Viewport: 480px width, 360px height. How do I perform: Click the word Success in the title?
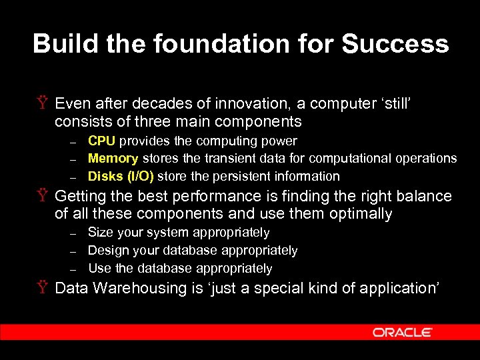click(x=395, y=44)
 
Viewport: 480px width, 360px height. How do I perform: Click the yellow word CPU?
click(x=102, y=141)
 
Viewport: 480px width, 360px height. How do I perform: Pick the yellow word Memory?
click(x=113, y=159)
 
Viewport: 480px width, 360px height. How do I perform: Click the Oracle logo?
click(x=403, y=332)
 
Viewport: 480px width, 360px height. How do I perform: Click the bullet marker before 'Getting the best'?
click(x=42, y=196)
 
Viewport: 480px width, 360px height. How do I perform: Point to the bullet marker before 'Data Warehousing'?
click(x=42, y=288)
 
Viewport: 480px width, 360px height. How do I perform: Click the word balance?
click(x=419, y=196)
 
